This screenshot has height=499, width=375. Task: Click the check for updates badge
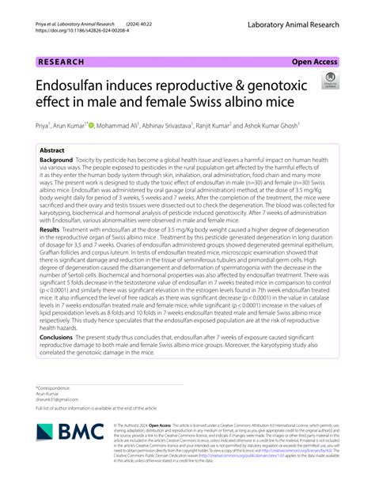(x=328, y=80)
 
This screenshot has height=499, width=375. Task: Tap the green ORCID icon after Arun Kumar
(x=91, y=123)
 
